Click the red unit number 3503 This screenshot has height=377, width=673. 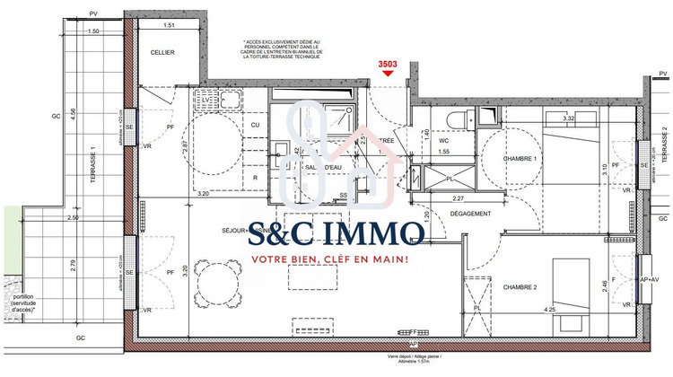pos(387,64)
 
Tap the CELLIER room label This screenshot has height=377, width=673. pos(162,53)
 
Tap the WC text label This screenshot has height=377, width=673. pos(442,141)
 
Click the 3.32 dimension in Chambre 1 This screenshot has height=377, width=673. pos(567,118)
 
